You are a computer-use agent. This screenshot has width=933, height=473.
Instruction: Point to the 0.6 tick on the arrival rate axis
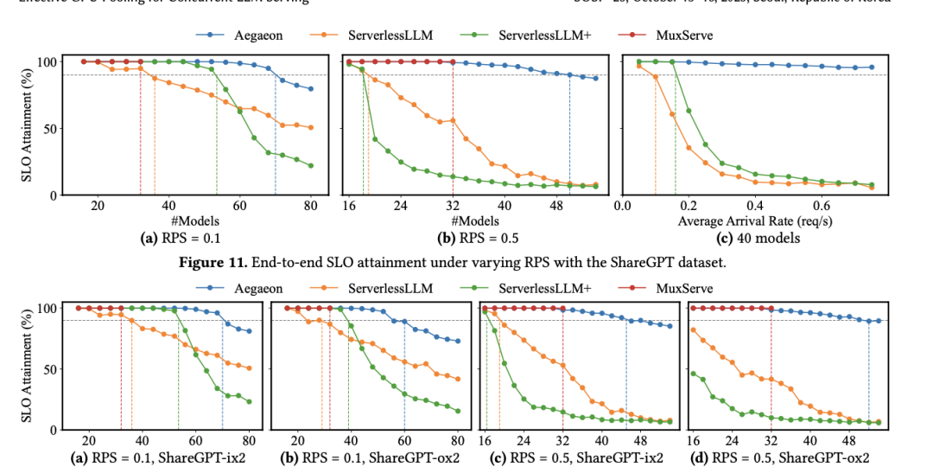coord(822,208)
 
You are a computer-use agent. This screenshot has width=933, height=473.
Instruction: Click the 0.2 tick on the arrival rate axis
coord(689,208)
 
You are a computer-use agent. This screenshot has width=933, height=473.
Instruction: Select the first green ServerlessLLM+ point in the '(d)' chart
coord(693,374)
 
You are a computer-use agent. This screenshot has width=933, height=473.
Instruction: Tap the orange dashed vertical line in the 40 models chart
coord(656,138)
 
